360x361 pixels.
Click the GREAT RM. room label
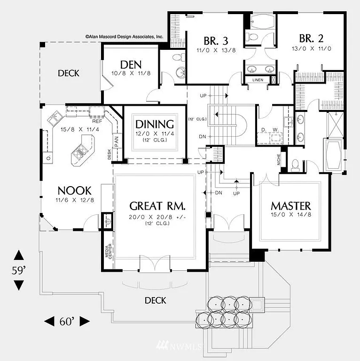click(x=157, y=206)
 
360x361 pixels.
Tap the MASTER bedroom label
click(x=290, y=206)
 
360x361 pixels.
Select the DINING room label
click(x=155, y=124)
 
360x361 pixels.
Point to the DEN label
click(x=131, y=64)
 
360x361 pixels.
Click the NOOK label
click(x=74, y=190)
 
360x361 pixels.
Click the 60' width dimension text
click(x=67, y=322)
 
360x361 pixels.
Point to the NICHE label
click(x=279, y=161)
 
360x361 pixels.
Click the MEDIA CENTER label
click(x=108, y=253)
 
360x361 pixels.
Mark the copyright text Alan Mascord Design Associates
click(x=124, y=36)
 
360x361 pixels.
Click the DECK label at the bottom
click(x=155, y=300)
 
